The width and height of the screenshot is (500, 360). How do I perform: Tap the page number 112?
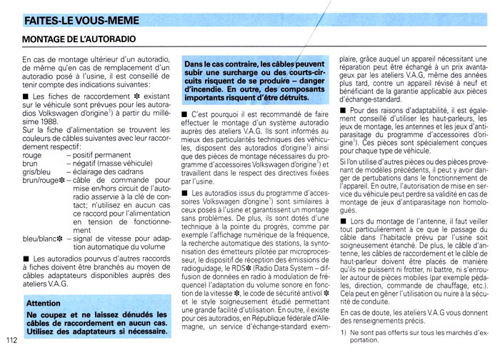10,339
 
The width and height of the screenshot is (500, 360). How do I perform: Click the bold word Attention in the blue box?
43,303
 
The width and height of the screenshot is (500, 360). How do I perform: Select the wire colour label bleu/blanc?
40,239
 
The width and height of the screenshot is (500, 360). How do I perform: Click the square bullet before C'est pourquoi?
186,114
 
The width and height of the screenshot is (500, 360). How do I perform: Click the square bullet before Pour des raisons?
344,111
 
